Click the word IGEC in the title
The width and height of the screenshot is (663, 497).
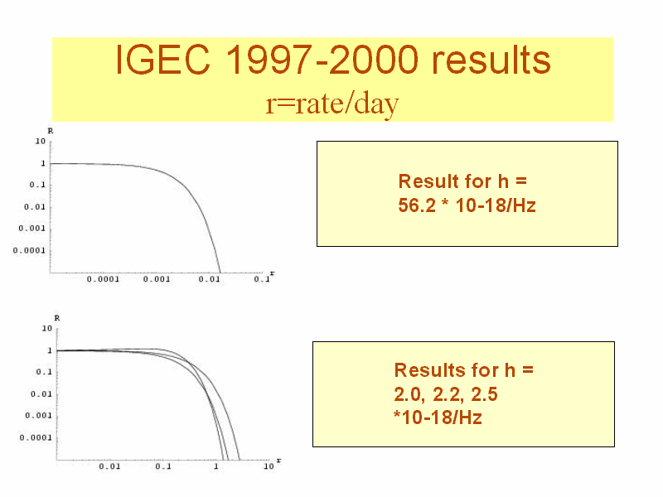click(x=162, y=60)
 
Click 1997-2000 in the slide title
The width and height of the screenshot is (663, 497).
click(x=322, y=60)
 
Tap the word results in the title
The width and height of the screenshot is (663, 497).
click(x=491, y=60)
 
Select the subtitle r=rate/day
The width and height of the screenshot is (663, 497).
click(x=332, y=104)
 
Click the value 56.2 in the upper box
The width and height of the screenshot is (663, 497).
click(x=417, y=205)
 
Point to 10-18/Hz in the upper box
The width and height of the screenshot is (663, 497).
click(x=496, y=205)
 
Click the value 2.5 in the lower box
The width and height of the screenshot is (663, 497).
click(x=484, y=394)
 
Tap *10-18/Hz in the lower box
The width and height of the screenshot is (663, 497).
click(x=438, y=417)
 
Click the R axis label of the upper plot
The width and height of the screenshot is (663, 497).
click(x=51, y=131)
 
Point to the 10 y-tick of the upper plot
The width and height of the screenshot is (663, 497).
click(x=40, y=141)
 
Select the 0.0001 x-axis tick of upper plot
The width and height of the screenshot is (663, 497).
click(x=103, y=279)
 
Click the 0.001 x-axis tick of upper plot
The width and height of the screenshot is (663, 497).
click(x=157, y=279)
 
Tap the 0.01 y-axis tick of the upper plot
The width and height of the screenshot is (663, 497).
click(x=35, y=206)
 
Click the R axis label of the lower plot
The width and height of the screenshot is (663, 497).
click(x=57, y=318)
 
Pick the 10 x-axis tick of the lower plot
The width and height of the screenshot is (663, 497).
click(x=269, y=466)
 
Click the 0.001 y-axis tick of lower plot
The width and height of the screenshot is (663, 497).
click(x=38, y=416)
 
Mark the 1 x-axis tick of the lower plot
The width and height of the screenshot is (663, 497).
click(x=216, y=466)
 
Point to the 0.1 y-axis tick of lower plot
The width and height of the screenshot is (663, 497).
click(x=44, y=372)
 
